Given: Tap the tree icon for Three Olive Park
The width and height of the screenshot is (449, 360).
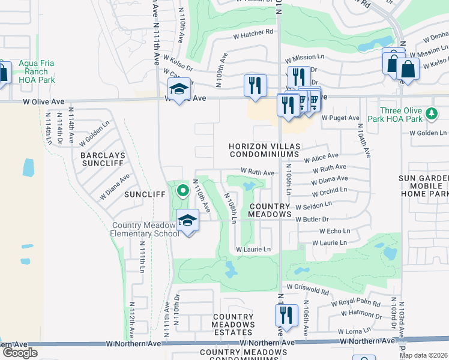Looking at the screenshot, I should tap(430, 113).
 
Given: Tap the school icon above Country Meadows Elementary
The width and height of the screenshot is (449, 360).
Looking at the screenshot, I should tap(187, 220).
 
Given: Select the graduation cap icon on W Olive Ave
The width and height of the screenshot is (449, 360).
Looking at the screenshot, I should tap(178, 89).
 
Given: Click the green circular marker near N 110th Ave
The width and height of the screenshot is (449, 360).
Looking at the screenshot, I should tap(183, 191).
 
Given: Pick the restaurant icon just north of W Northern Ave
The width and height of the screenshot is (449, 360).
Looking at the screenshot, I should tap(286, 314).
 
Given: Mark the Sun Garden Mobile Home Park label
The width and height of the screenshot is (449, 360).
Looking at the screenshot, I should tap(425, 186).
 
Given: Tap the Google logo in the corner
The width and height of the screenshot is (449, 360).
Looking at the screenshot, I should tap(19, 353).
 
